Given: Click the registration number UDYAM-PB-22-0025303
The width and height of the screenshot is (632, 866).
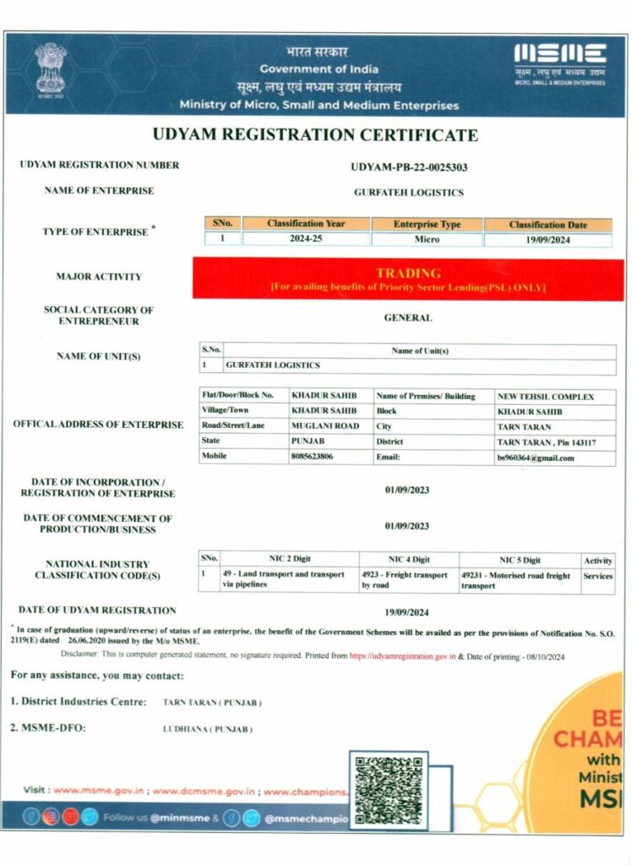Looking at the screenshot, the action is coord(409,167).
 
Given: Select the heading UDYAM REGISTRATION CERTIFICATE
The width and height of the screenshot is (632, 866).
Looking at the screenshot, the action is coord(315,135).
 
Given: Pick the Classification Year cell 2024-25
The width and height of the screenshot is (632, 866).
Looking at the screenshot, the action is coord(306,238).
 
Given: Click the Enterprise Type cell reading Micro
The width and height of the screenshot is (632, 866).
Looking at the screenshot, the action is coord(427,238).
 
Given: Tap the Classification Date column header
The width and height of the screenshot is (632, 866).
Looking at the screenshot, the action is coord(548,224).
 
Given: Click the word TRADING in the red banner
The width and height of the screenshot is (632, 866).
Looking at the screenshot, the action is coord(408,273).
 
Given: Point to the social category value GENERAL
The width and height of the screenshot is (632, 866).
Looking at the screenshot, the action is coord(408,318).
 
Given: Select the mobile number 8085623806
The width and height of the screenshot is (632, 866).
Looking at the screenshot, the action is coord(312,457).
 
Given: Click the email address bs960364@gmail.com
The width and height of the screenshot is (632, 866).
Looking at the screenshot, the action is coord(536,458).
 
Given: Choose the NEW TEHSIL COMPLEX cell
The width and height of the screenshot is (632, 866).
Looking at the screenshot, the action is coord(545,396).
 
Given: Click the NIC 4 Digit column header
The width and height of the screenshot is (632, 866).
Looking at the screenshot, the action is coord(409,559).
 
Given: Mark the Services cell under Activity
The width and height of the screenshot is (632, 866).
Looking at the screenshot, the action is coord(598,575).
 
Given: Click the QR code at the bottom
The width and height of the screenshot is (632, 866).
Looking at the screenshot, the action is coord(388,790).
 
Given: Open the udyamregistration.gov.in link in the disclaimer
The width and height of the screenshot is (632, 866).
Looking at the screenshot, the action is coord(402,656).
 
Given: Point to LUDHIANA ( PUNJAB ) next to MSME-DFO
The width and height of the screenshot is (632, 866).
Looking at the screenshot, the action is coord(208,729).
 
